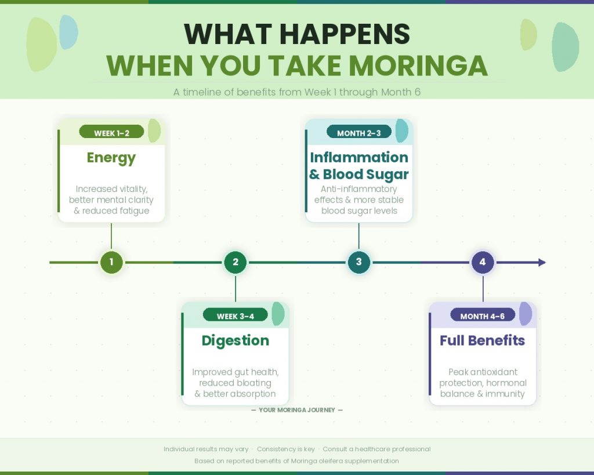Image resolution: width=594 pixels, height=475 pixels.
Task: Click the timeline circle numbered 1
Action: pos(111,262)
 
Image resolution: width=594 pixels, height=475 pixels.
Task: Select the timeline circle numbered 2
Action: pos(235,262)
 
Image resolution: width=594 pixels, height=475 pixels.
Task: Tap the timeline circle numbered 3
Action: pos(358,262)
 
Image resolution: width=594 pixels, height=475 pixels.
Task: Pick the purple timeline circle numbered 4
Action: pos(482,262)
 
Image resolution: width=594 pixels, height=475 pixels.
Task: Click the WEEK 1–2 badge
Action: pos(111,133)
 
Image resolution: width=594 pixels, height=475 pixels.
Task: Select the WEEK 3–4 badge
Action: pos(235,316)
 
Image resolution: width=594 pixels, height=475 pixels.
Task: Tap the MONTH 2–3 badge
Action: pos(358,133)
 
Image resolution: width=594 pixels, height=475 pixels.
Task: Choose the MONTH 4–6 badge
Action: pos(482,316)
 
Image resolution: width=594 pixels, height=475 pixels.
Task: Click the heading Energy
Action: pos(111,158)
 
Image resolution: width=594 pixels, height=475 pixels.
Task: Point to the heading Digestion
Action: pos(235,340)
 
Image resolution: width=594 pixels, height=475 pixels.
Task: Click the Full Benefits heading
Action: pos(482,340)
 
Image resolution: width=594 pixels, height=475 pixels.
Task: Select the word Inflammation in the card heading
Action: pos(358,158)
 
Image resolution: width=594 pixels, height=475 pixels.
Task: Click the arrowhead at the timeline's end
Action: pos(542,262)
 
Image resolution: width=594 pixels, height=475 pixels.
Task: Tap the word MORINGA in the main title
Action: pos(412,66)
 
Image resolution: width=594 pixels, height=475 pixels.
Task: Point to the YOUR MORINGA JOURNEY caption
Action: pos(297,410)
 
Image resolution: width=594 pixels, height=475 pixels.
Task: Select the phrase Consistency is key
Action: pos(285,449)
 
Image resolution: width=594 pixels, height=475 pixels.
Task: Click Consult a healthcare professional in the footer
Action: pos(376,449)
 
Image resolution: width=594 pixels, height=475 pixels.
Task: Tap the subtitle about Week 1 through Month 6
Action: pos(297,92)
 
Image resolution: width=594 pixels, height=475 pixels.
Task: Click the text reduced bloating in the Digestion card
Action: pos(235,383)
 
